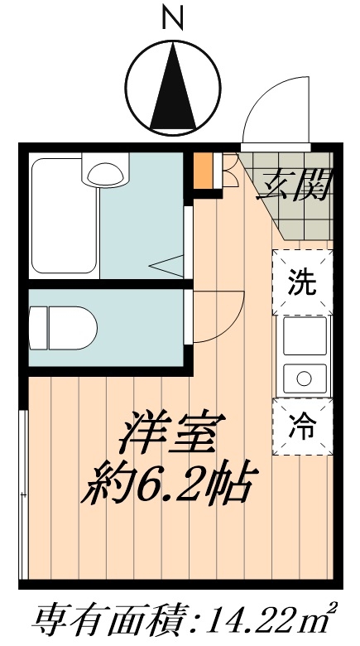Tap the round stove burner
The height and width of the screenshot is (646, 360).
tap(302, 380)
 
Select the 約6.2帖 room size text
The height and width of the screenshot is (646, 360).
tap(166, 485)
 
